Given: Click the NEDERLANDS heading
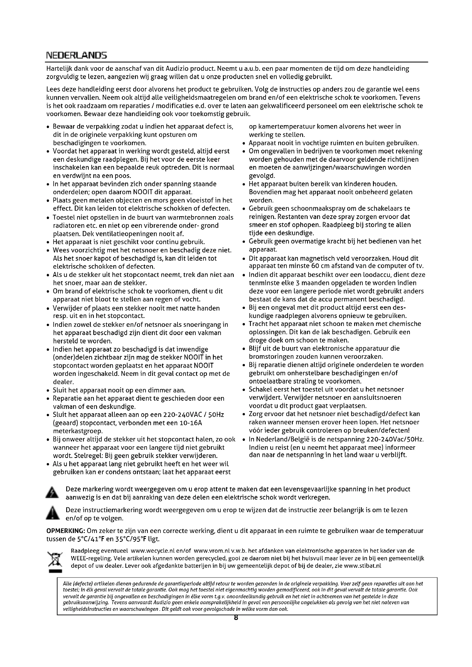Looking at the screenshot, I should pyautogui.click(x=76, y=55).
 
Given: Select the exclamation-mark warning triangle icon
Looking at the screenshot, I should pyautogui.click(x=53, y=514).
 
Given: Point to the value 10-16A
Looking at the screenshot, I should pyautogui.click(x=191, y=423).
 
